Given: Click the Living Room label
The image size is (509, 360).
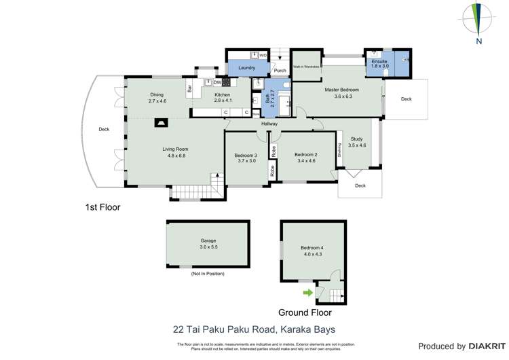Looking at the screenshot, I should click(174, 149).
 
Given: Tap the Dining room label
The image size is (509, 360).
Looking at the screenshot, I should click(157, 95).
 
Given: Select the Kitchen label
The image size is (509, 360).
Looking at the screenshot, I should click(223, 95).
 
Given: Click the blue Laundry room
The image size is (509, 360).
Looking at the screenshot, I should click(246, 68).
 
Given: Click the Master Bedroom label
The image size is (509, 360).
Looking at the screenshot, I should click(341, 90).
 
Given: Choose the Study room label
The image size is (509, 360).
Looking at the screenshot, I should click(356, 139).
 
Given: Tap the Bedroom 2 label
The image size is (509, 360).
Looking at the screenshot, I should click(305, 155).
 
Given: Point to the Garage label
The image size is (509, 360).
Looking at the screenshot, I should click(208, 240).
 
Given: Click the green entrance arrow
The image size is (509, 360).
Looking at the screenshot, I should click(307, 293).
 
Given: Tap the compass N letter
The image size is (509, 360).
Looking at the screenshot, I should click(479, 41).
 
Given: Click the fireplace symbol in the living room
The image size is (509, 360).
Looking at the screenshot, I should click(162, 123).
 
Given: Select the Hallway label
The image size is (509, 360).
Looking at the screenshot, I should click(269, 124).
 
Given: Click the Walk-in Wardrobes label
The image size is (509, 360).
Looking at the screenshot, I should click(307, 67).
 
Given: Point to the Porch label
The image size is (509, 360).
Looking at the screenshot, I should click(280, 71).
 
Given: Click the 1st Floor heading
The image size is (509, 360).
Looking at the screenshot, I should click(102, 207).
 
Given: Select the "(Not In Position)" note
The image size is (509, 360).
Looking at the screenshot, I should click(207, 274).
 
